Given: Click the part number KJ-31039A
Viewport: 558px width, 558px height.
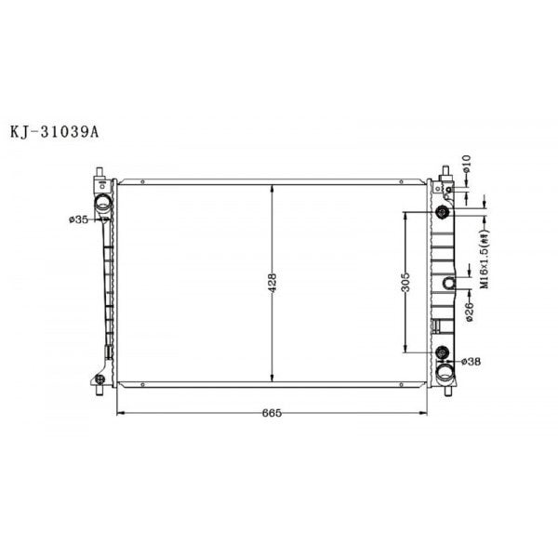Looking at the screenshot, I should tap(55, 131).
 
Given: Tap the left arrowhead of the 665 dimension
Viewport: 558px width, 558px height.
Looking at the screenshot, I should tap(118, 411).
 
